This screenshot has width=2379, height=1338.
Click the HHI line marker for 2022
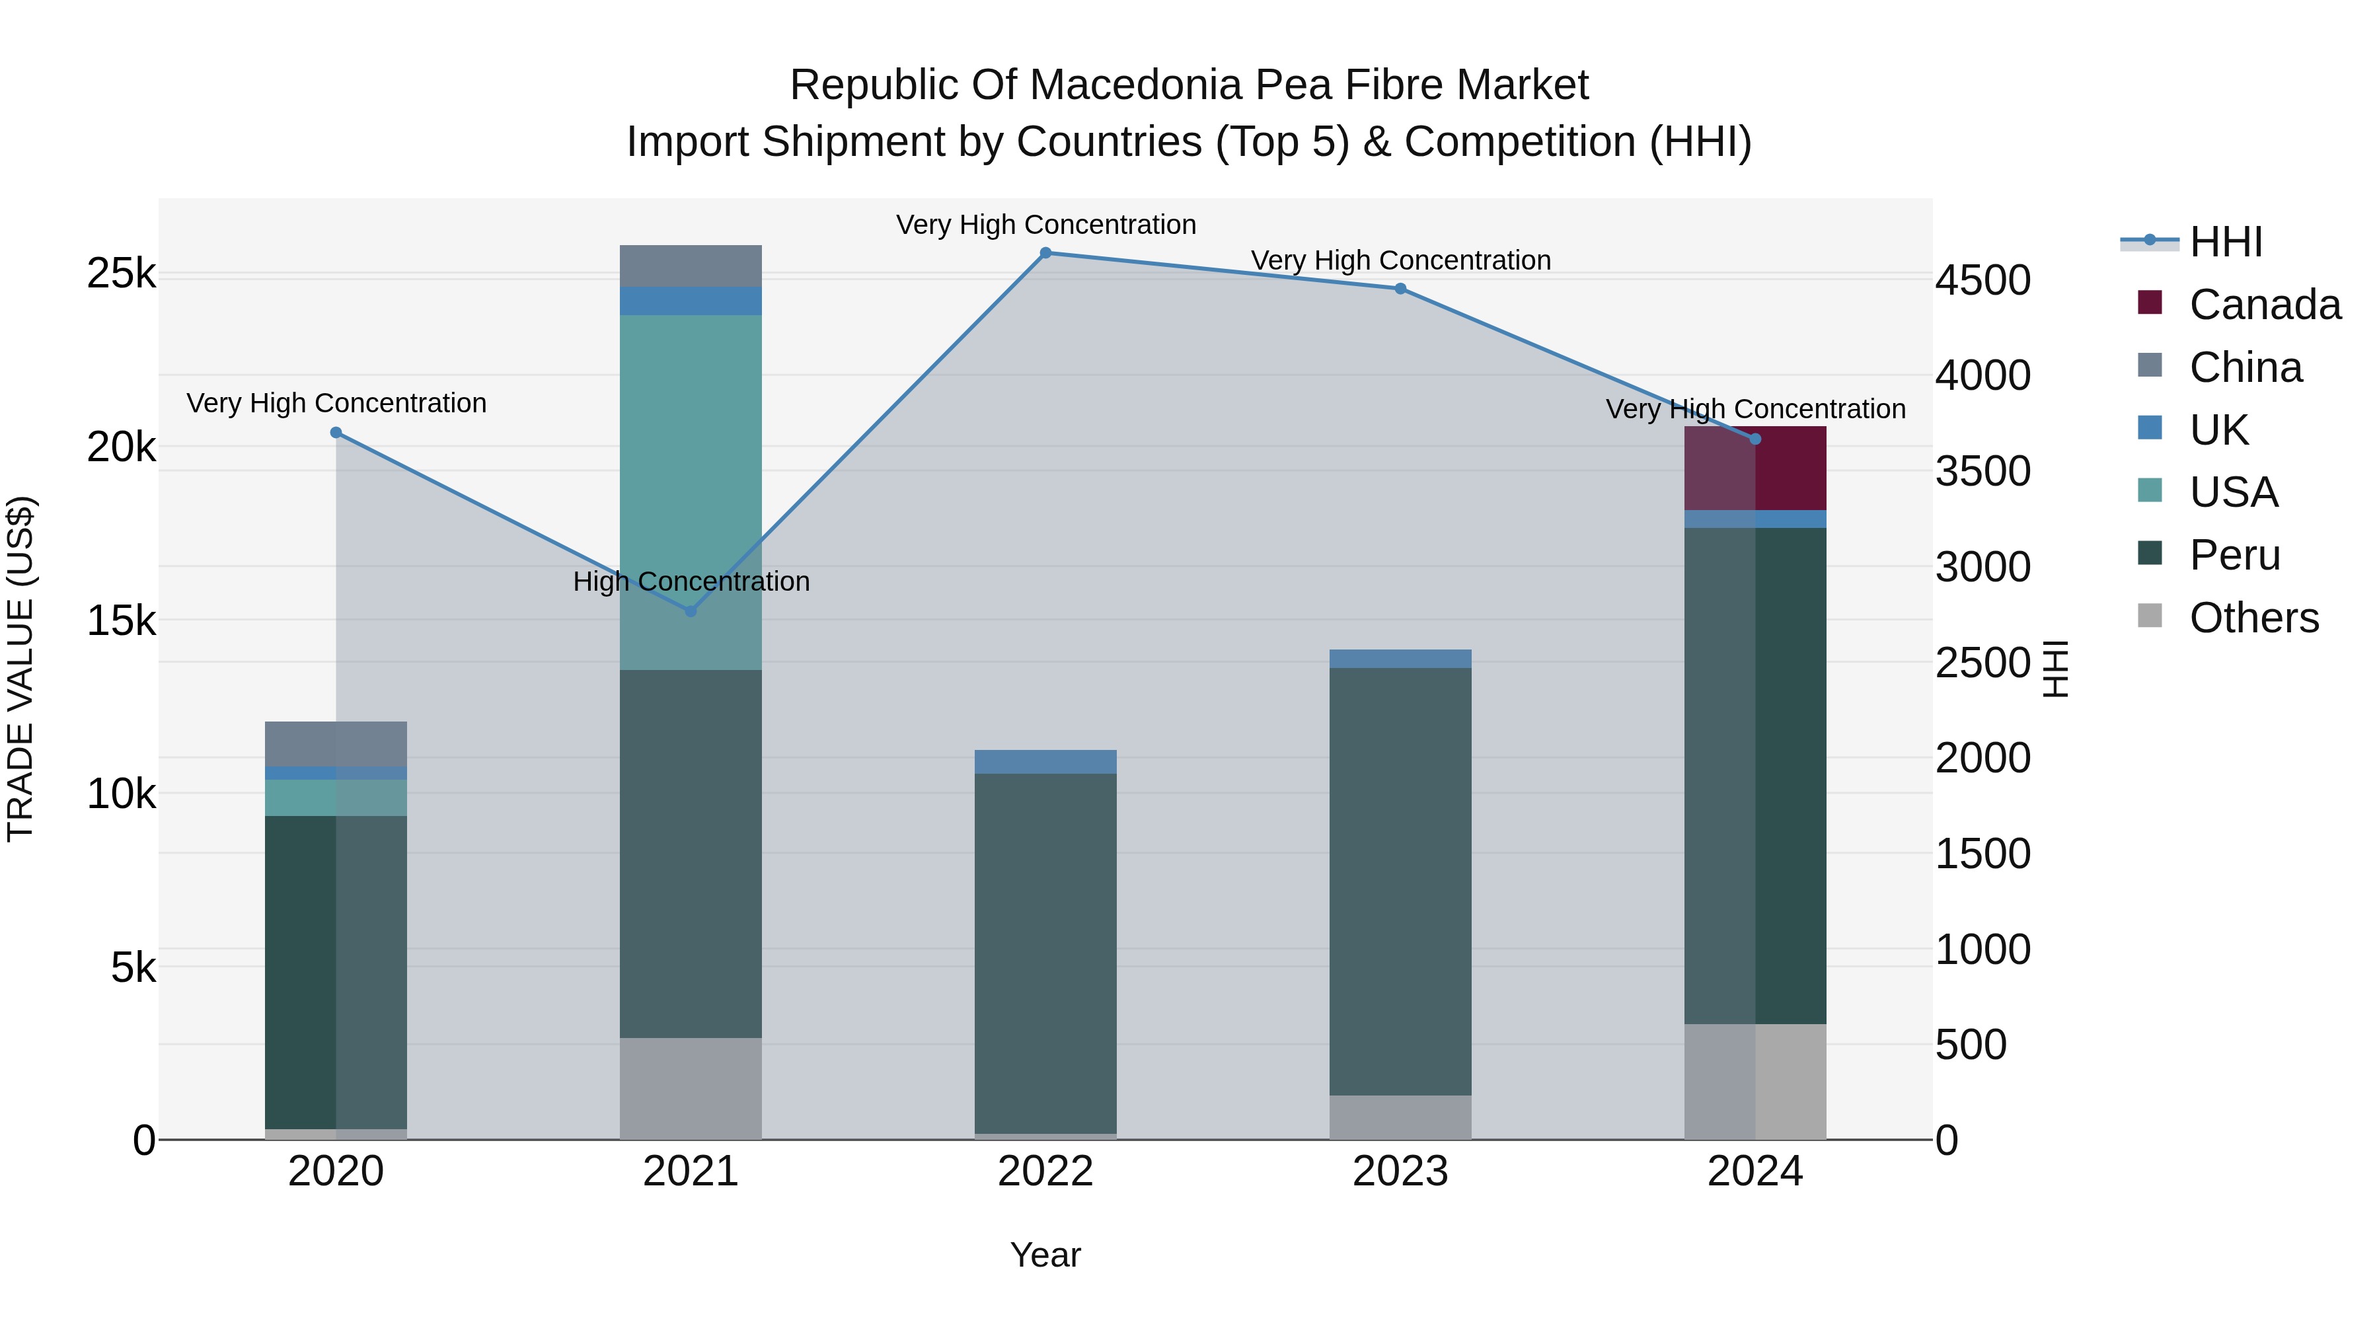(1045, 253)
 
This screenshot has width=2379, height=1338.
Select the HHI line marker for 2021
(691, 611)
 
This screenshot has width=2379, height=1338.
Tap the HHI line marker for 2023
(1400, 289)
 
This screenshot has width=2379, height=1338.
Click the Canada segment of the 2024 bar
(1755, 469)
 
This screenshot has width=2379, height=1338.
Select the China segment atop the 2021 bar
(691, 266)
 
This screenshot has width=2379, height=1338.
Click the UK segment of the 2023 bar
(1400, 658)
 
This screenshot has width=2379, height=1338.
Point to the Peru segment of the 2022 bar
(1045, 951)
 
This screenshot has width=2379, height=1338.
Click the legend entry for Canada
(2263, 305)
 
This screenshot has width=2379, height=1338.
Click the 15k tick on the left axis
(121, 620)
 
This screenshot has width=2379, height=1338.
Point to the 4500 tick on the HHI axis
(1982, 281)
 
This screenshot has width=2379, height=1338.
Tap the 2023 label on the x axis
(1400, 1171)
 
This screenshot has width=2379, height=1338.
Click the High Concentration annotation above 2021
(691, 581)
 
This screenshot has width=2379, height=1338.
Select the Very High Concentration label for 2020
(336, 404)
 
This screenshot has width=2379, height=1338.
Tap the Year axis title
(1045, 1255)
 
